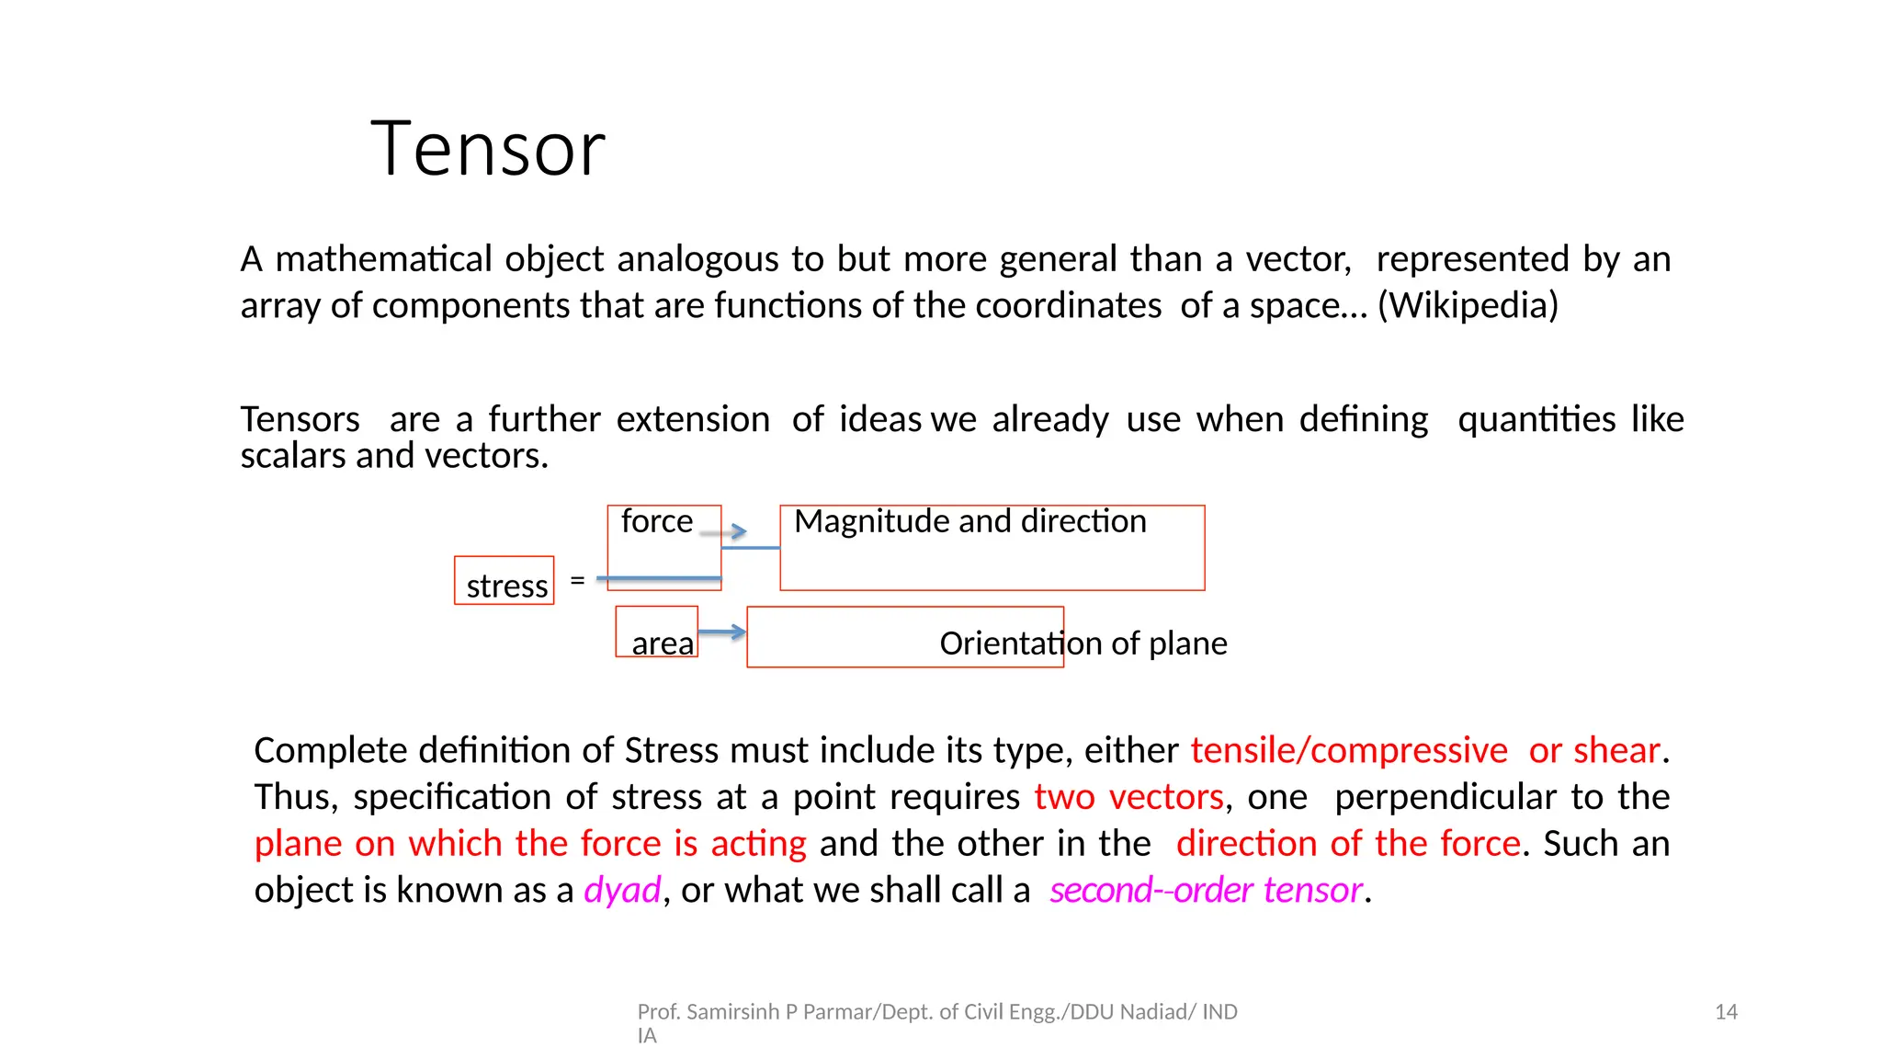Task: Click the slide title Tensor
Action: [488, 149]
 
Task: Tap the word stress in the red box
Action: [506, 586]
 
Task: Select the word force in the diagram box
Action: [657, 521]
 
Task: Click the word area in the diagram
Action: [662, 643]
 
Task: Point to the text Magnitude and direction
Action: [969, 521]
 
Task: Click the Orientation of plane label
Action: [1083, 643]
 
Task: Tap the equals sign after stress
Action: [577, 580]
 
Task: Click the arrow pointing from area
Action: [722, 632]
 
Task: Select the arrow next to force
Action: [724, 531]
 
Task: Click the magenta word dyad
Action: [622, 890]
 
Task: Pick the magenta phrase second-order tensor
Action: [1206, 890]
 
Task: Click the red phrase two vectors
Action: [1128, 797]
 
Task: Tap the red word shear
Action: [1616, 750]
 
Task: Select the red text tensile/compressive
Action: [1349, 750]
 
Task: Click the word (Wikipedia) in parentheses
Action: [1468, 305]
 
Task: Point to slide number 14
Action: [1726, 1012]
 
